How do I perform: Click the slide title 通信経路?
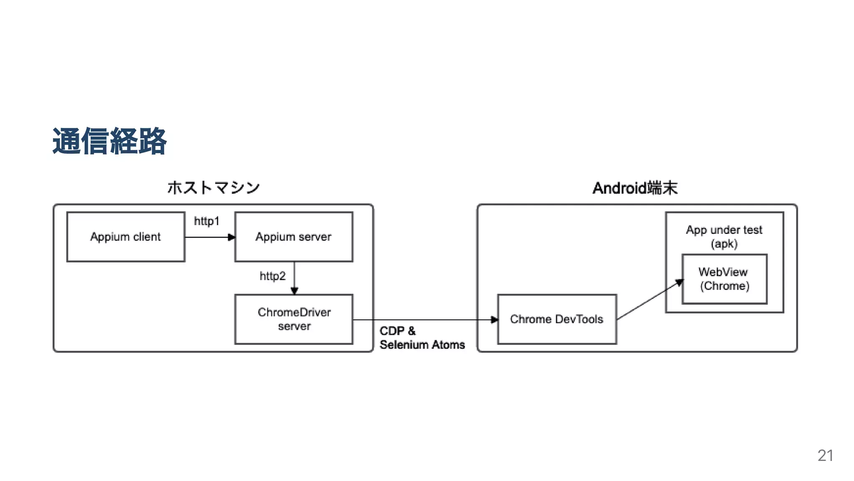[x=109, y=142]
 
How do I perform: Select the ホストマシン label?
[x=213, y=187]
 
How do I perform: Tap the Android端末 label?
[x=635, y=188]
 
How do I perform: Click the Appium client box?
[x=126, y=237]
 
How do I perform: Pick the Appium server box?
[x=294, y=237]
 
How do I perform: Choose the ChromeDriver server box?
[x=294, y=319]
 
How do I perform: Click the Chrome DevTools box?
[x=557, y=319]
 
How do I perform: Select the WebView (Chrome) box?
[x=724, y=279]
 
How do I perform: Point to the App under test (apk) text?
[x=724, y=236]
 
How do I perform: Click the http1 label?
[x=206, y=221]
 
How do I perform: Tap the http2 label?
[x=272, y=276]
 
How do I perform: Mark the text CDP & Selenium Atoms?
[x=422, y=338]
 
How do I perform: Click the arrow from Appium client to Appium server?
[x=208, y=237]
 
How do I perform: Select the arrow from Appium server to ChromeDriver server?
[x=294, y=277]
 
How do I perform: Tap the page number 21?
[x=825, y=456]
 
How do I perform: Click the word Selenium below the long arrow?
[x=404, y=345]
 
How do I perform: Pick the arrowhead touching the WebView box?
[x=680, y=283]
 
